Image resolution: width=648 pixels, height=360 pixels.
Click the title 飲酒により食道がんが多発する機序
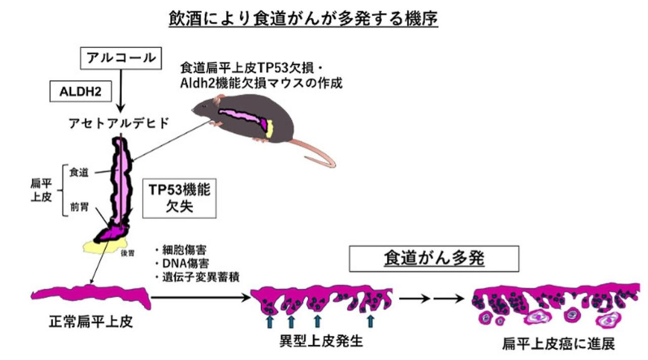pos(303,19)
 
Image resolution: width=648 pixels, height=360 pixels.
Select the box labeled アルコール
pos(120,58)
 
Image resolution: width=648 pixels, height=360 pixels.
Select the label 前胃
pos(79,207)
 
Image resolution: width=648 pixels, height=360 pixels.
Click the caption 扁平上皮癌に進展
pos(558,344)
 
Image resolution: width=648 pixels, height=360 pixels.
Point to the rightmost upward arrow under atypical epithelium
pos(371,321)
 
